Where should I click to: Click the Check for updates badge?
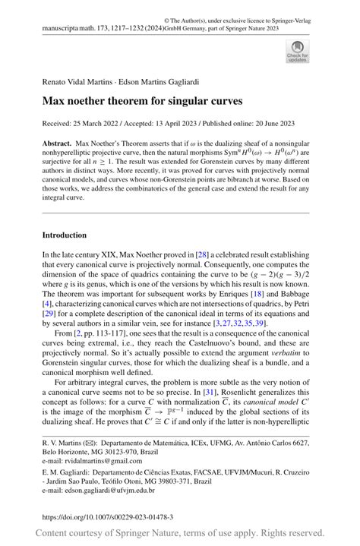pos(297,51)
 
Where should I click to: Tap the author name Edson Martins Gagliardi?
pos(157,80)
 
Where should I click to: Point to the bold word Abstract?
pos(57,143)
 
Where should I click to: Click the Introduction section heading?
pos(65,235)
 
